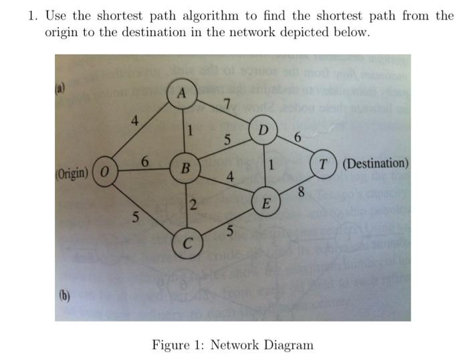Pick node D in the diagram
(x=263, y=128)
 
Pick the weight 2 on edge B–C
(x=191, y=205)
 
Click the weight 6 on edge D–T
(x=297, y=138)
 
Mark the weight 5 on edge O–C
(x=136, y=217)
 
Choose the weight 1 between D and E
(x=272, y=165)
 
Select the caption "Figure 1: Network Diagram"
(x=233, y=345)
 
